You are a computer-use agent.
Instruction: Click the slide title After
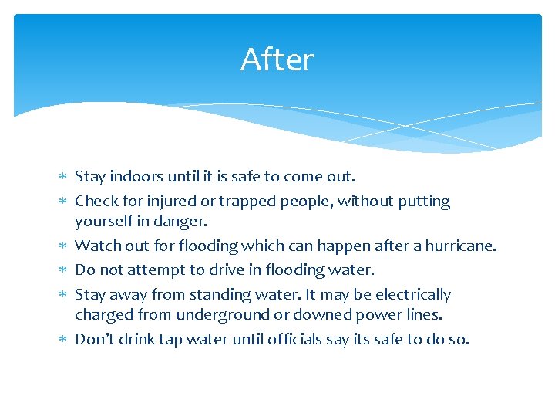click(x=277, y=59)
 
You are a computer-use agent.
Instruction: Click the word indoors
click(x=136, y=176)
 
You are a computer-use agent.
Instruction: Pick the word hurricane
click(x=459, y=246)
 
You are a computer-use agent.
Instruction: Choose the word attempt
click(x=155, y=270)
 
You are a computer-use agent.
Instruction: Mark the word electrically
click(x=412, y=294)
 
